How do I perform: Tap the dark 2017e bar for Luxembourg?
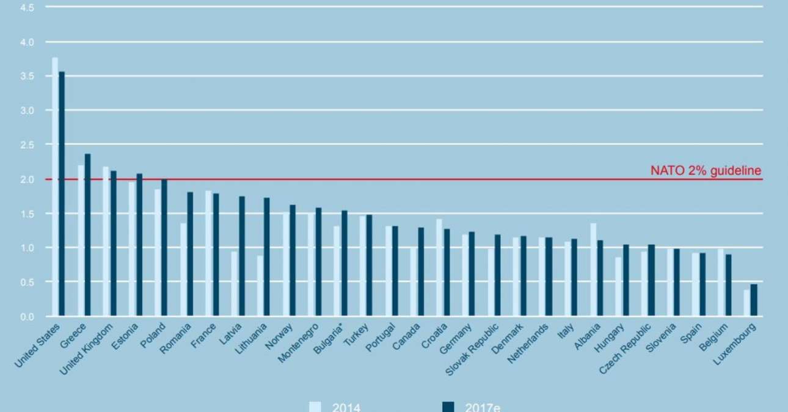754,300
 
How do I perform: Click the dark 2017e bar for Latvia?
241,256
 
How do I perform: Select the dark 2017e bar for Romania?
190,254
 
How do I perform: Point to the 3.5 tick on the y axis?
28,76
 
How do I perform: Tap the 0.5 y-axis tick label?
28,282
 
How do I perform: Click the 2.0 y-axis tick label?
28,179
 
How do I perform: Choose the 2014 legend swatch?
315,407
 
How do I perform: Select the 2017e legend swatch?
448,407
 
